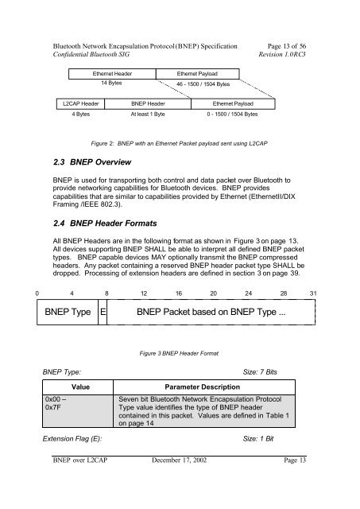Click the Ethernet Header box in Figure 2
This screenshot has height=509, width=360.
click(112, 74)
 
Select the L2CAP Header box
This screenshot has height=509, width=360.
click(81, 104)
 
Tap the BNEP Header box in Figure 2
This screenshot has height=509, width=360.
click(148, 104)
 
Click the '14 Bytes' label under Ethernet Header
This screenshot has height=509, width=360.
click(111, 83)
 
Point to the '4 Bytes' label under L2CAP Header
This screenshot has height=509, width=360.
click(81, 115)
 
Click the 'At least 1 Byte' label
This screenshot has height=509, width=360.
click(148, 115)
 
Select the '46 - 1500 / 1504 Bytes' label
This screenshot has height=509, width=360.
click(203, 84)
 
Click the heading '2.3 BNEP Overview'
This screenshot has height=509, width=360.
click(92, 162)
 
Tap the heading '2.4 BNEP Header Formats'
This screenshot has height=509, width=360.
click(105, 223)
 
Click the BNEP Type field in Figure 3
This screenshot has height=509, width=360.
click(68, 312)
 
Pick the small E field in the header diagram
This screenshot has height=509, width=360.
click(103, 312)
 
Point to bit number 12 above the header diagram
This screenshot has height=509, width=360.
click(144, 293)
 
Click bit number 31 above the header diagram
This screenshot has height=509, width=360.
click(313, 293)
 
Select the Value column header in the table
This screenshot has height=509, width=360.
click(80, 387)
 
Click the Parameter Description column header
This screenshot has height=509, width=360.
click(203, 387)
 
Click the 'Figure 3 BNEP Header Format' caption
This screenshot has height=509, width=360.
click(179, 353)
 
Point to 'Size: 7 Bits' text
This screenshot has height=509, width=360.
click(260, 372)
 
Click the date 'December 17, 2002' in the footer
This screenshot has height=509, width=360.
click(179, 460)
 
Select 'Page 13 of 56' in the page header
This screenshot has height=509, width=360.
click(287, 46)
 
